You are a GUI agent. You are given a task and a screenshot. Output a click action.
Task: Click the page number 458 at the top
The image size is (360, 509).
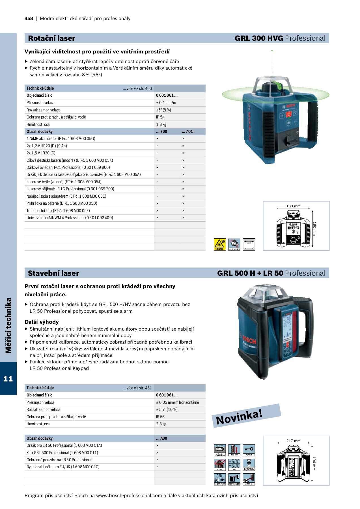tap(29, 19)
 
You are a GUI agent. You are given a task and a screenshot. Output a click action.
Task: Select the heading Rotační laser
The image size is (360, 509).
tap(52, 38)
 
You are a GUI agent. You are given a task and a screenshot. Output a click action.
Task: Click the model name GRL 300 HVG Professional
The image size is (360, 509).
tap(280, 38)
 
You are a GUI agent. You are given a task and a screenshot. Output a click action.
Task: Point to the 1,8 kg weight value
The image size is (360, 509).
tap(161, 124)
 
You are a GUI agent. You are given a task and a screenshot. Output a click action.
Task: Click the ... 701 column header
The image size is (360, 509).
tap(187, 131)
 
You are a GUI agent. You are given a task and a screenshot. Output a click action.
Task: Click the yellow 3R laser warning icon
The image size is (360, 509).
tap(219, 244)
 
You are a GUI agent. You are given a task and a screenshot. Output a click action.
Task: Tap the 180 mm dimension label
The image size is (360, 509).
tap(293, 206)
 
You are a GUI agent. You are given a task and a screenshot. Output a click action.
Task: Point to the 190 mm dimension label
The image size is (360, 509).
tap(314, 228)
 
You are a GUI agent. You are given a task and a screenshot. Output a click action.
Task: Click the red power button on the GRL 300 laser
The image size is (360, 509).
tap(289, 114)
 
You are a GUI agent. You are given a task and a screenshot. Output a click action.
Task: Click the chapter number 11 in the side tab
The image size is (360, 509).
tap(8, 379)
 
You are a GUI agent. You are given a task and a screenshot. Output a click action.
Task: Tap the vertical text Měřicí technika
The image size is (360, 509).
tap(8, 325)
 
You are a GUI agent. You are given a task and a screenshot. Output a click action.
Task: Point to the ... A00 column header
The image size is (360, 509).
tap(162, 438)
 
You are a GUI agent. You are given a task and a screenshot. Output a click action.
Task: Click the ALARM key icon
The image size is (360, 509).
tap(249, 450)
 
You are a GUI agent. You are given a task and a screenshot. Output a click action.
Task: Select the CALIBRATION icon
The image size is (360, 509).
tap(220, 479)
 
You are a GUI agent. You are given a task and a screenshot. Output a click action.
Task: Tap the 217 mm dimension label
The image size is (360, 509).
tap(293, 441)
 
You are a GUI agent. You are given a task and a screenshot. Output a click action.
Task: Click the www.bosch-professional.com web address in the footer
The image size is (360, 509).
tap(129, 496)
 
